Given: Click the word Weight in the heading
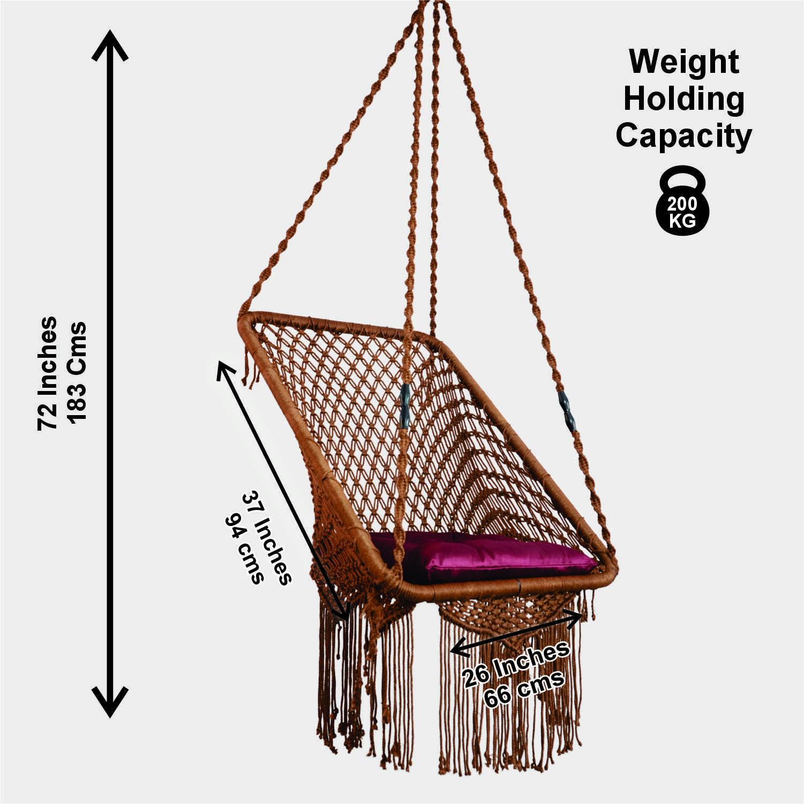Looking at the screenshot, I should pyautogui.click(x=684, y=62).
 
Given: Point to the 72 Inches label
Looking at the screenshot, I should pyautogui.click(x=48, y=373).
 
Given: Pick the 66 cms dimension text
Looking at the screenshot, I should pyautogui.click(x=524, y=689).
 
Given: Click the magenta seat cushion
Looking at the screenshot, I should pyautogui.click(x=482, y=557).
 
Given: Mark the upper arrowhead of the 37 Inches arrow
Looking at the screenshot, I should pyautogui.click(x=221, y=366).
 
